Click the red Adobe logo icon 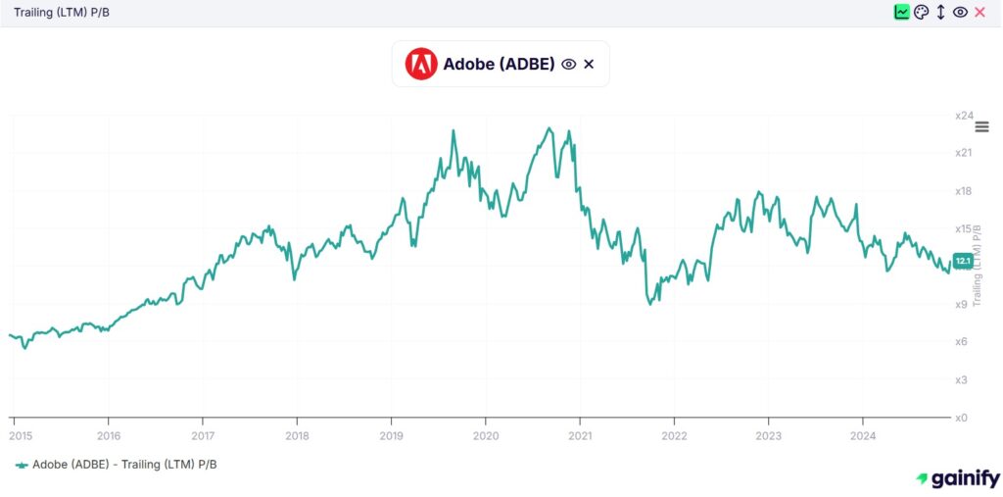421,64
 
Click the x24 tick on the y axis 963,116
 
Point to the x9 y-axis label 961,304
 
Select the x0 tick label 961,418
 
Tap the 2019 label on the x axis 392,435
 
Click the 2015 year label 15,435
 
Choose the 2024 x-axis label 862,435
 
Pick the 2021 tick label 580,435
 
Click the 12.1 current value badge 962,261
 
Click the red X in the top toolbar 979,12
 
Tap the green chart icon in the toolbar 901,12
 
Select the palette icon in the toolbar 921,12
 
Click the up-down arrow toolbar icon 940,12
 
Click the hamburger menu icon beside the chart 982,127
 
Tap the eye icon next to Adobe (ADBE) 568,64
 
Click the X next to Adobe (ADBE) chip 589,64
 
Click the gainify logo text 965,478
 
